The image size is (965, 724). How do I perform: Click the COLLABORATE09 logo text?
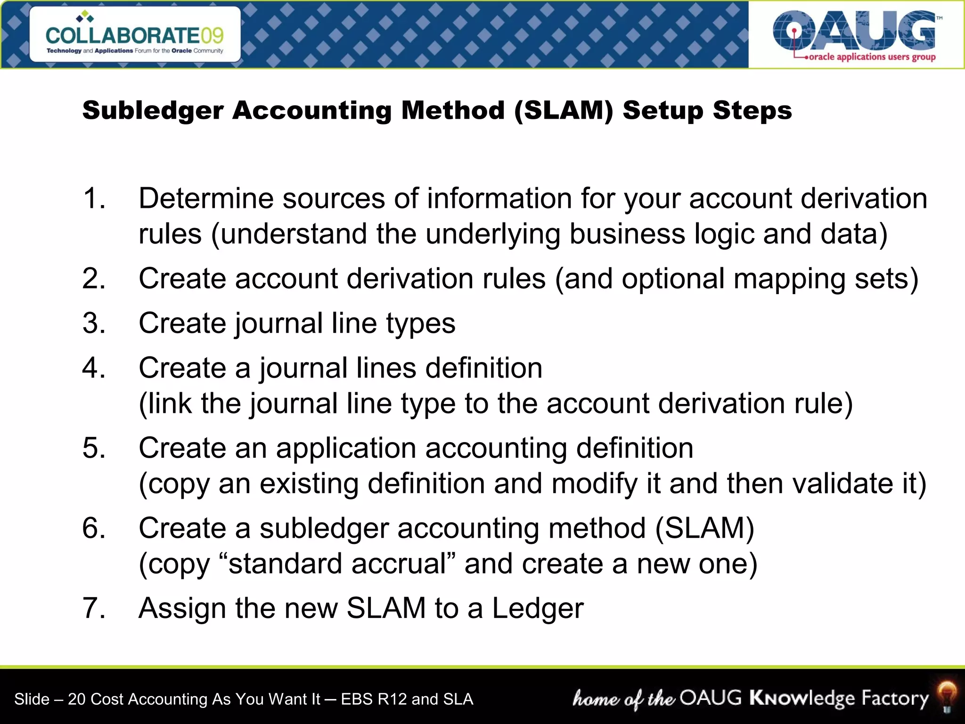pos(134,36)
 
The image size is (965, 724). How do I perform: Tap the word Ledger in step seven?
pos(538,608)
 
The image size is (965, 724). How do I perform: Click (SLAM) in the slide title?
pos(564,111)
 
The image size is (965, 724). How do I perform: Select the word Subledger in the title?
pos(153,111)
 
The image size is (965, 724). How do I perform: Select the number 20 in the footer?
pos(77,699)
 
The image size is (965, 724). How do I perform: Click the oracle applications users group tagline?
pos(872,57)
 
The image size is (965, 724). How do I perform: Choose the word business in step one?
pos(627,234)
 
